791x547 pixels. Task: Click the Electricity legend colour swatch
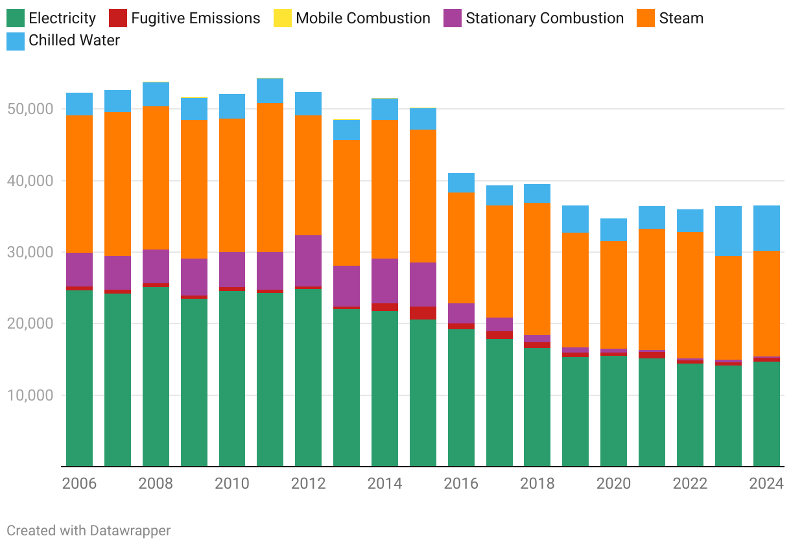pos(16,18)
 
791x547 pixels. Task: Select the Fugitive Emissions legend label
pos(195,18)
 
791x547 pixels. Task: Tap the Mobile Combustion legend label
pos(362,18)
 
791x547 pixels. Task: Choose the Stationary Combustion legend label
pos(545,18)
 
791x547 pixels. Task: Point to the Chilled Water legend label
pos(74,40)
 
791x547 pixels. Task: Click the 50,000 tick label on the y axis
pos(30,109)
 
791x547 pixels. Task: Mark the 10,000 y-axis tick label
pos(30,395)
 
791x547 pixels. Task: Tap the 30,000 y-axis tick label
pos(30,252)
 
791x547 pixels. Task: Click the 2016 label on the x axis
pos(461,483)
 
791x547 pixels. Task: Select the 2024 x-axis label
pos(766,483)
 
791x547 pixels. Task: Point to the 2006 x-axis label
pos(79,483)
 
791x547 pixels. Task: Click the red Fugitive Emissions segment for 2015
pos(423,313)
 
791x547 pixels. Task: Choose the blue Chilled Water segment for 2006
pos(79,104)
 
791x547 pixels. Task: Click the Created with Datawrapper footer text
pos(89,530)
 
